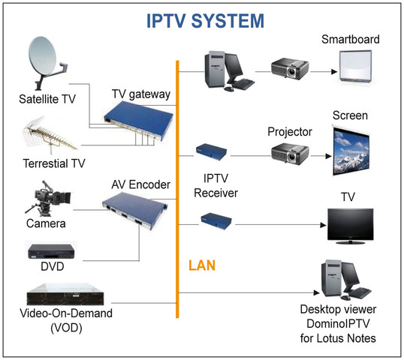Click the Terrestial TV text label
pyautogui.click(x=53, y=165)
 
